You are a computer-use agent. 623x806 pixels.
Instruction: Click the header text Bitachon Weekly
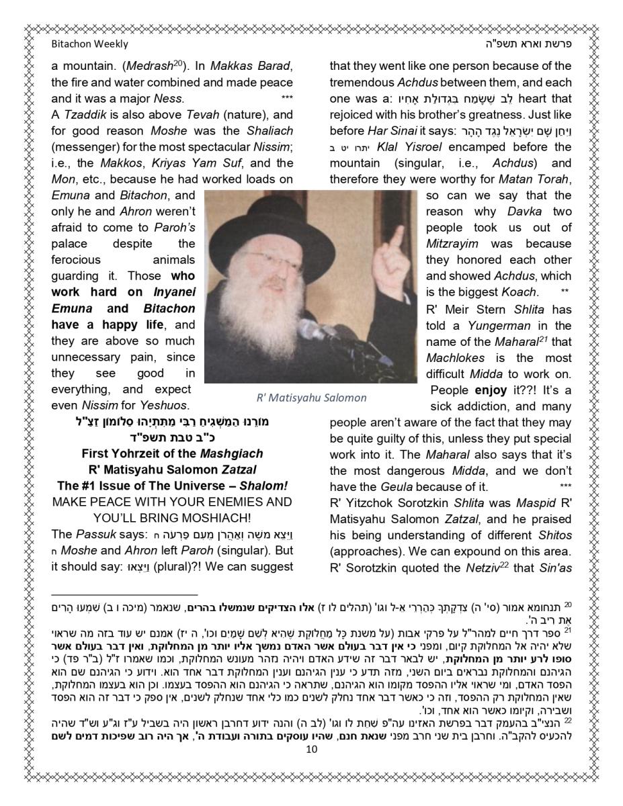click(x=89, y=44)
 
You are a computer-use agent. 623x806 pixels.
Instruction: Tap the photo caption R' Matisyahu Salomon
click(x=311, y=397)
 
